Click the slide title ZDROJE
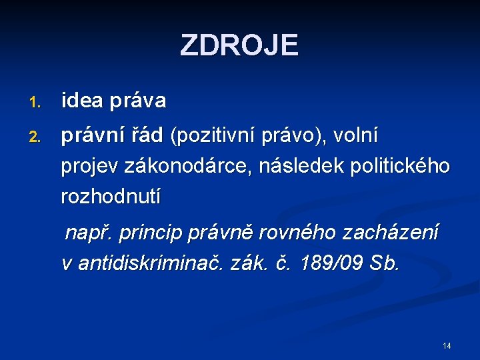[x=239, y=45]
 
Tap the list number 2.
[x=35, y=137]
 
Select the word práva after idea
[x=138, y=102]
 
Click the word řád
[x=147, y=136]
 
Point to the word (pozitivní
[x=215, y=137]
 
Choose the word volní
[x=356, y=136]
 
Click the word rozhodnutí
[x=111, y=197]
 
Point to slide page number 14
[x=447, y=345]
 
